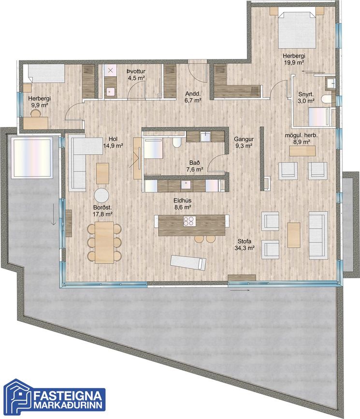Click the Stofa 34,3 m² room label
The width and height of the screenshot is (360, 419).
tap(245, 245)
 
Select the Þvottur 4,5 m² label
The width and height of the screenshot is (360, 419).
tap(136, 74)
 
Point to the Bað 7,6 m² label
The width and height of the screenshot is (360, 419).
tap(195, 166)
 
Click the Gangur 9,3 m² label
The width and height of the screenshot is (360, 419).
tap(244, 142)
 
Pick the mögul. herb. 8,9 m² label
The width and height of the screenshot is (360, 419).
tap(301, 138)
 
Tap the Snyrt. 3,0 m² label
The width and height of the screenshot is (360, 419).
tap(306, 98)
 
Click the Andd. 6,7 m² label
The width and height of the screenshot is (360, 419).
tap(193, 97)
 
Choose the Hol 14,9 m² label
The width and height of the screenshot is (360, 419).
tap(113, 142)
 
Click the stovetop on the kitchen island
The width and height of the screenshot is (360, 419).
tap(189, 221)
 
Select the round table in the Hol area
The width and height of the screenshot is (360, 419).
tap(101, 196)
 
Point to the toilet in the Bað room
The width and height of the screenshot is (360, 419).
tap(177, 143)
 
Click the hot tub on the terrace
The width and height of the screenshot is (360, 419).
tap(32, 158)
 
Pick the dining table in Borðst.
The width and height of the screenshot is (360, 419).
tap(104, 242)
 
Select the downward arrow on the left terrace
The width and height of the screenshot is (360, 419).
tap(54, 214)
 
